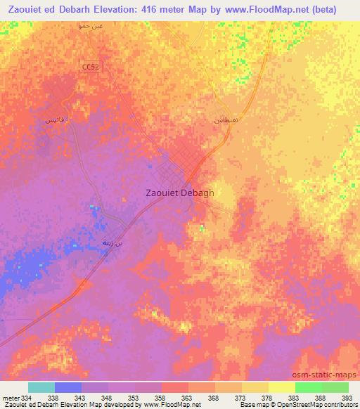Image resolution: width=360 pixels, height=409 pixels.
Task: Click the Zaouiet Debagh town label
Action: coord(179,192)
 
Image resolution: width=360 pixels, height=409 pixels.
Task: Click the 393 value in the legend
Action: coord(347,398)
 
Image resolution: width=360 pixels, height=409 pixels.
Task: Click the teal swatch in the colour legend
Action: coord(41,387)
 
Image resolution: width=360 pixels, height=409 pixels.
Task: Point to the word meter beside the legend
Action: coord(10,398)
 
